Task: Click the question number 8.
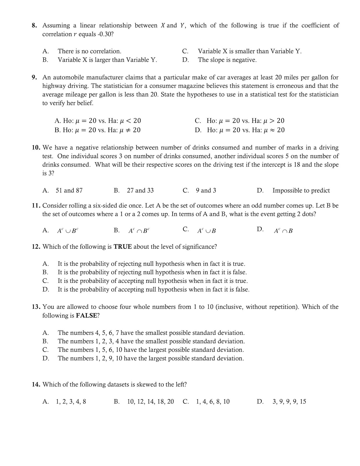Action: (x=34, y=26)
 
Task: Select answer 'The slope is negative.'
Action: (x=227, y=60)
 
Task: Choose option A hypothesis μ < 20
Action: (x=97, y=121)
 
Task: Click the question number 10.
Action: (x=36, y=148)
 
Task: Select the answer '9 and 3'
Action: (x=206, y=190)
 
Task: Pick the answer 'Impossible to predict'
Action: (x=301, y=190)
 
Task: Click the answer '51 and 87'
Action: (x=69, y=190)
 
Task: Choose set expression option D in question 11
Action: (x=283, y=231)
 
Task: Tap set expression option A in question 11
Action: (x=68, y=231)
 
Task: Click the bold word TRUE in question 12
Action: (x=123, y=247)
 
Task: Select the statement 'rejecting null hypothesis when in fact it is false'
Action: (x=152, y=272)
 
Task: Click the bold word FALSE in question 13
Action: (x=86, y=316)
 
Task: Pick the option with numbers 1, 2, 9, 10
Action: (x=150, y=359)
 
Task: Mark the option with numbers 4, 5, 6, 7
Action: (x=151, y=333)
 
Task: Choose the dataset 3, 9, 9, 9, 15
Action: (x=289, y=402)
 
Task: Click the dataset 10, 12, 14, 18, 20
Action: (x=150, y=402)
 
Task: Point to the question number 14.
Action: (x=36, y=385)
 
